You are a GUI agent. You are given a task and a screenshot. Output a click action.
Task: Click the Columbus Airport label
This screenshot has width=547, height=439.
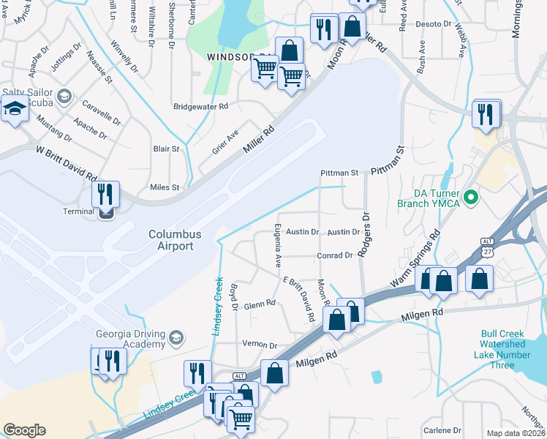[x=171, y=240]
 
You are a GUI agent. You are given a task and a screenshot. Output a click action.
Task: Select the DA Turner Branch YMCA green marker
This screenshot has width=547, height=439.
[x=472, y=198]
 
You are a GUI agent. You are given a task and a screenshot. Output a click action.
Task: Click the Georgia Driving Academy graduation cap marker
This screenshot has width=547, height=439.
[x=176, y=337]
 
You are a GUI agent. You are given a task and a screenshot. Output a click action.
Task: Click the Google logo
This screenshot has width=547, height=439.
[x=24, y=430]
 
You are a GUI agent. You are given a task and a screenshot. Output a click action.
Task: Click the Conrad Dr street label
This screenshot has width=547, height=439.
[x=335, y=255]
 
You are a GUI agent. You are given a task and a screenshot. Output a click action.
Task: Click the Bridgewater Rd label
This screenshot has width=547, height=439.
[x=200, y=106]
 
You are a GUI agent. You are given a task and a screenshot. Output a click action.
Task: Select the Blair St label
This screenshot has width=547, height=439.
[x=166, y=149]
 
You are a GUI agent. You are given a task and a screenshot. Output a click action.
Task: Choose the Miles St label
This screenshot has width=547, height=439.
[x=165, y=187]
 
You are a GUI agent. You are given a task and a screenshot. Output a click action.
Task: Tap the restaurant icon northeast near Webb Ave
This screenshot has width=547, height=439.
[x=486, y=114]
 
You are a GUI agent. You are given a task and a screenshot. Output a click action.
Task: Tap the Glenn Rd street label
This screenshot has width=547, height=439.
[x=260, y=304]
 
